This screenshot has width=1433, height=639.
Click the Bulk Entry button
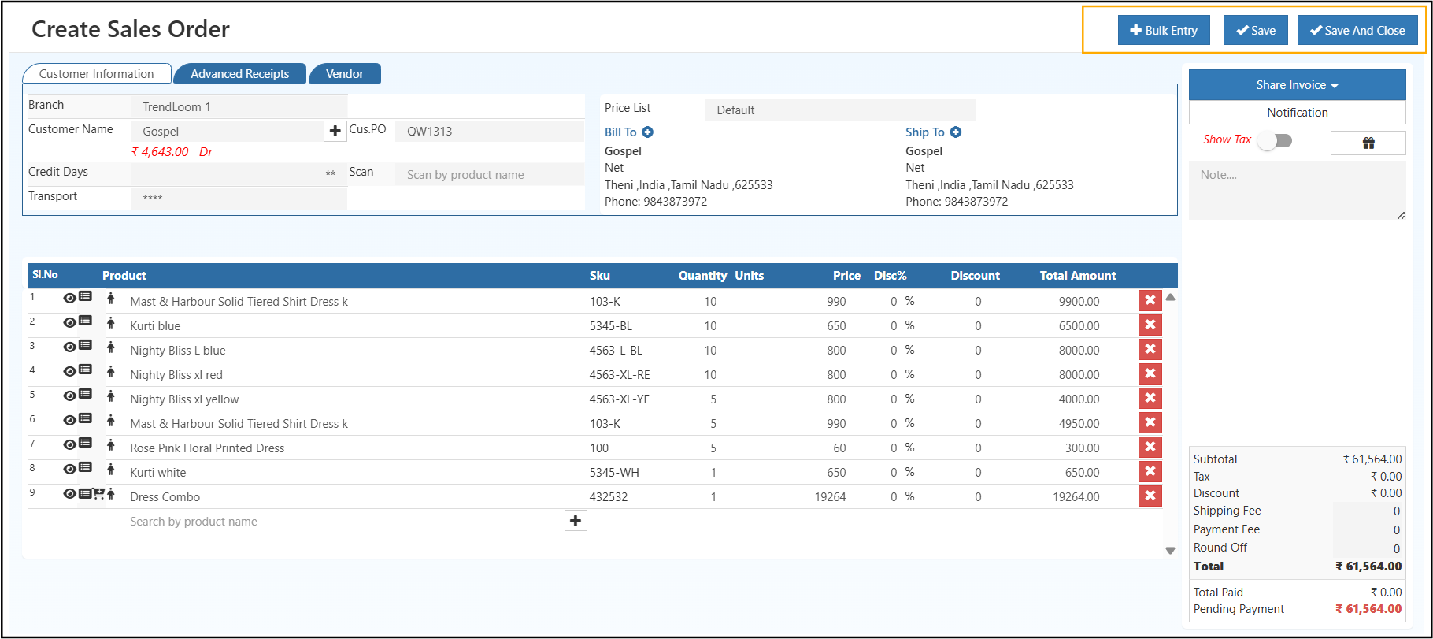point(1164,31)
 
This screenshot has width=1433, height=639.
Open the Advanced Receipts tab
point(239,74)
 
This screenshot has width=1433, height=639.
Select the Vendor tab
point(345,74)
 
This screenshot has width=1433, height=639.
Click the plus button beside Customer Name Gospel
point(335,131)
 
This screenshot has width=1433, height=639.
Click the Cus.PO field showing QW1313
point(488,132)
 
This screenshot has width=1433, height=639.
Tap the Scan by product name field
point(488,175)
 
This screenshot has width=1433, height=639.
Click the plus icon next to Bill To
point(647,132)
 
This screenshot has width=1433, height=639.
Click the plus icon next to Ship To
point(955,132)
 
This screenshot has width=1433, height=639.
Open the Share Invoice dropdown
point(1297,85)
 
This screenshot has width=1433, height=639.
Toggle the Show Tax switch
point(1275,140)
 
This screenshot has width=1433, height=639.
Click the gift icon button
point(1368,143)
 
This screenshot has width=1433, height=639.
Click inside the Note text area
point(1296,190)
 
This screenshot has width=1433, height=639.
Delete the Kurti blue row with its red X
point(1150,325)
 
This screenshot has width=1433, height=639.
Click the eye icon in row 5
point(69,396)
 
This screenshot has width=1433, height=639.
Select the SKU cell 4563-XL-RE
point(620,375)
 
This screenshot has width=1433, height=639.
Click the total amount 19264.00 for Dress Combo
point(1076,497)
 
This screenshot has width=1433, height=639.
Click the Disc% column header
point(890,276)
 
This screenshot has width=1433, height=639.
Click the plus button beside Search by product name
point(576,521)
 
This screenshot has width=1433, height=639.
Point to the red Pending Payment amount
point(1368,609)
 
